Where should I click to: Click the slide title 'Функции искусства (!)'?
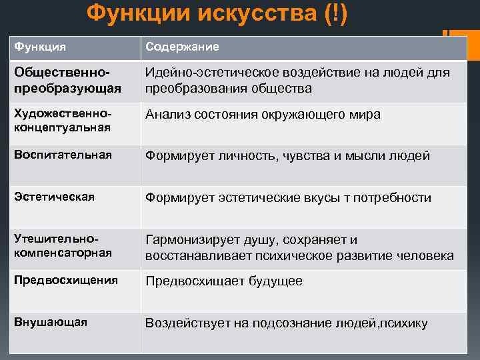pyautogui.click(x=217, y=14)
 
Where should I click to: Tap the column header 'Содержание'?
pyautogui.click(x=182, y=48)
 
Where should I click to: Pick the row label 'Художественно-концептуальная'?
pyautogui.click(x=63, y=121)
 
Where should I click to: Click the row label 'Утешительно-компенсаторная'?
pyautogui.click(x=63, y=246)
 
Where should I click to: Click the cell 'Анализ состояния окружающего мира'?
pyautogui.click(x=263, y=114)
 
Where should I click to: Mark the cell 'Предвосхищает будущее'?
pyautogui.click(x=224, y=281)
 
